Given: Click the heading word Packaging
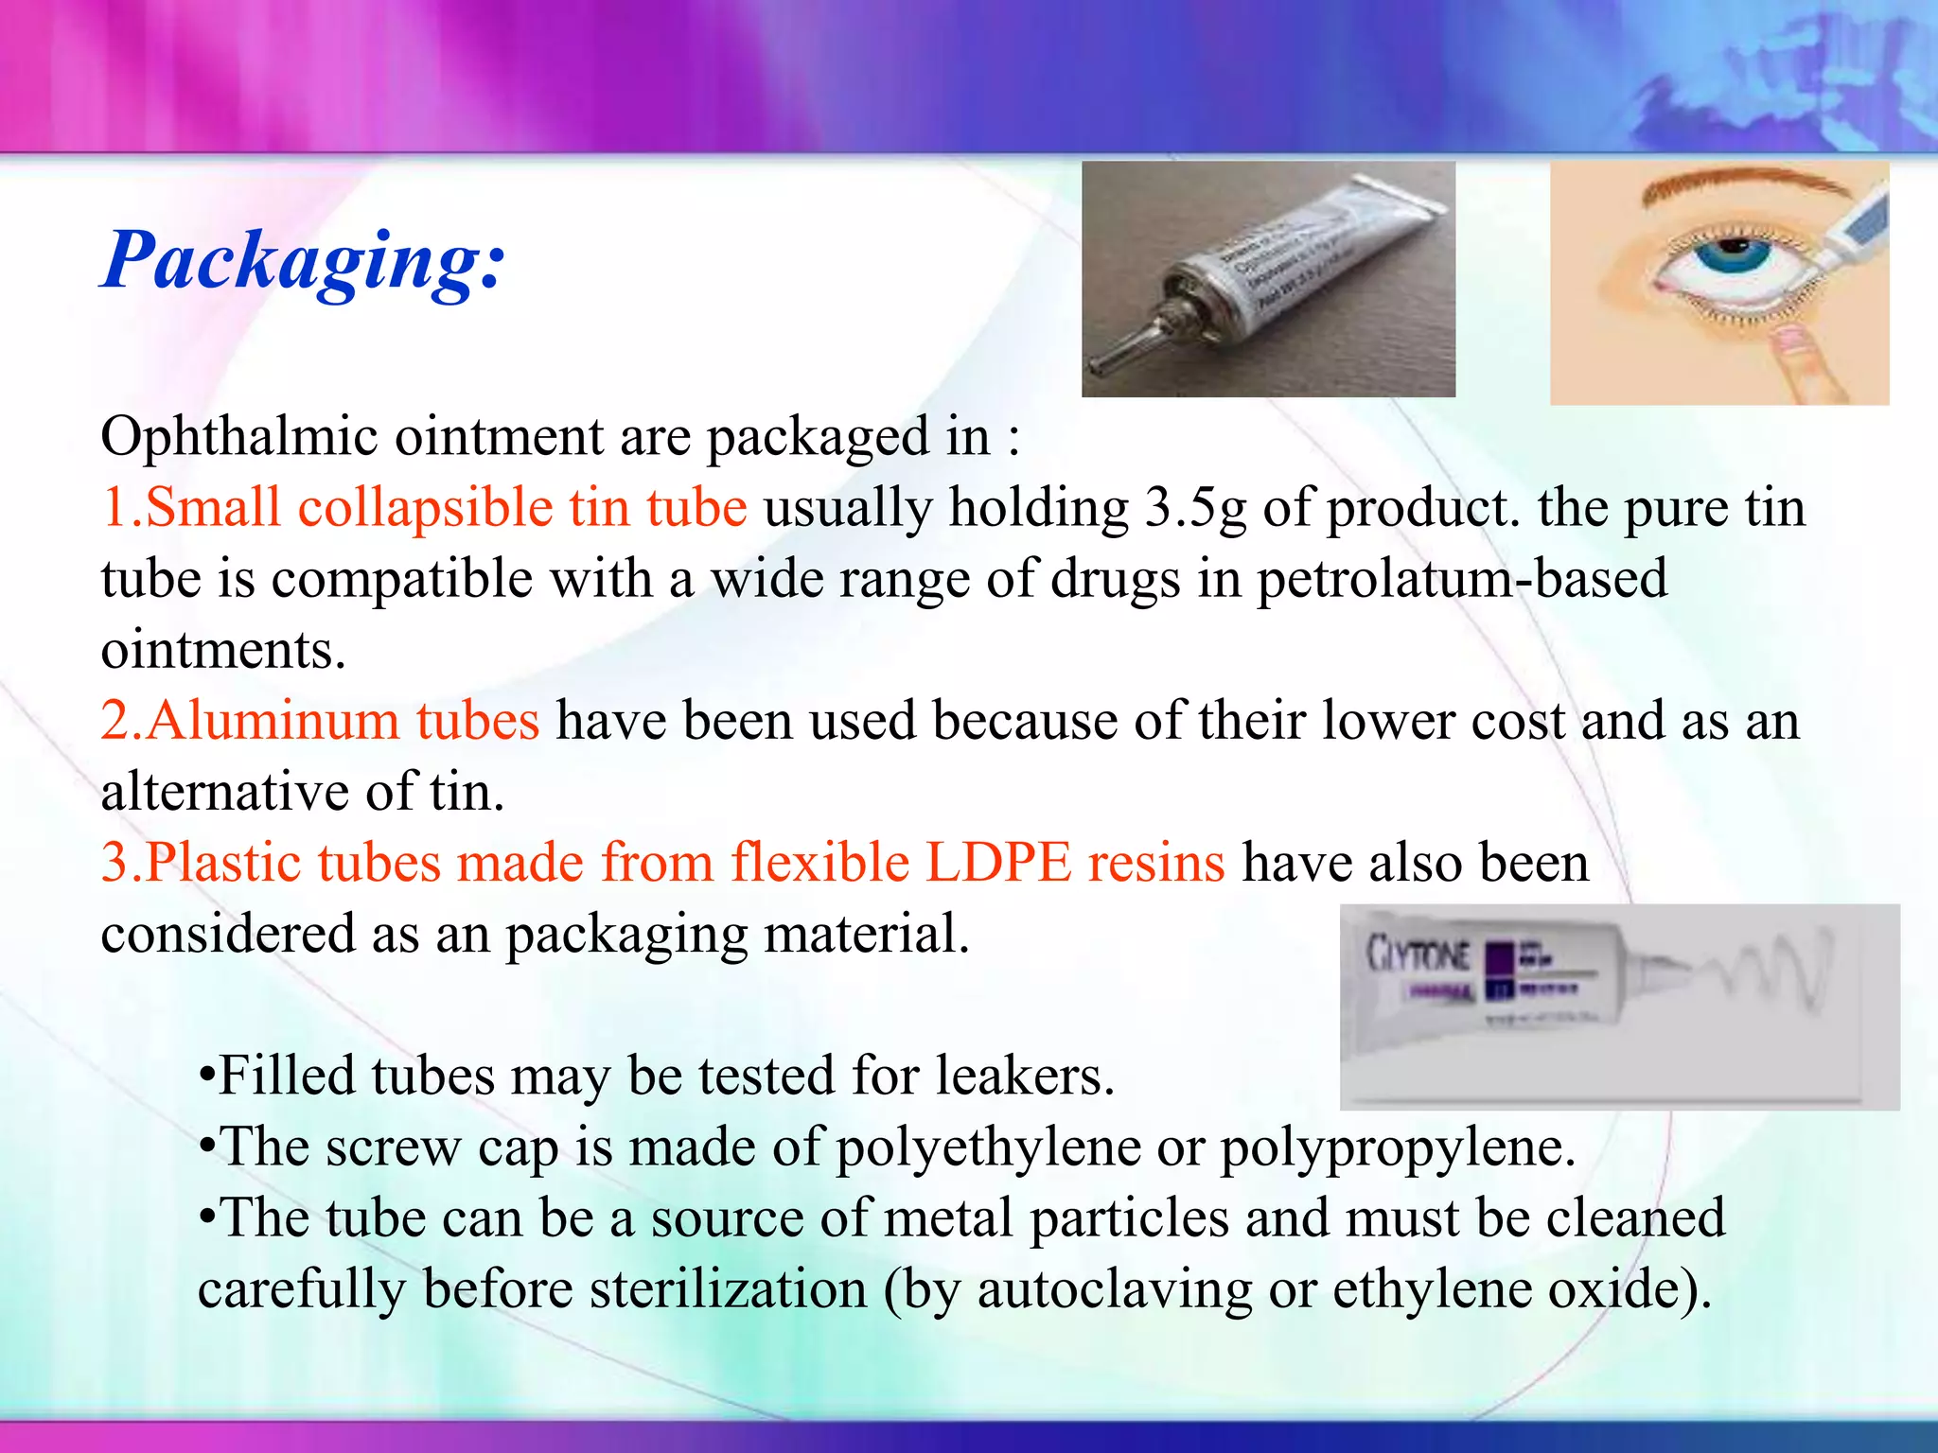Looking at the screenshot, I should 303,260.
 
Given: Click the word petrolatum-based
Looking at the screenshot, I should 1461,579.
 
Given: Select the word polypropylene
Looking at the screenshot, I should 1397,1148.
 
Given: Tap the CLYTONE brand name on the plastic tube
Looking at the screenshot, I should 1418,954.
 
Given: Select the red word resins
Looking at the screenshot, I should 1156,863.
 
